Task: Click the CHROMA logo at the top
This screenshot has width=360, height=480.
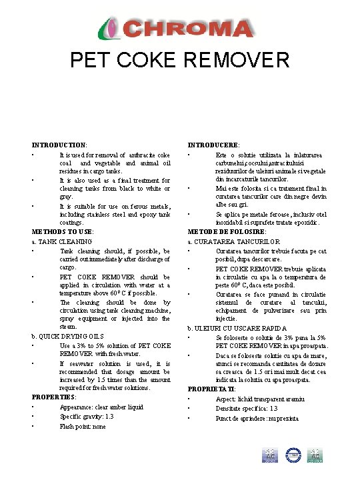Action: [x=179, y=29]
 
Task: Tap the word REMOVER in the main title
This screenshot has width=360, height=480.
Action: [x=237, y=61]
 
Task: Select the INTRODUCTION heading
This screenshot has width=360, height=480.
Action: [x=59, y=145]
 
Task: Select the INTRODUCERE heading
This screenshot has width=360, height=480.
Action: [x=214, y=145]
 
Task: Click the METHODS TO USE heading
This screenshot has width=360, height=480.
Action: [x=63, y=231]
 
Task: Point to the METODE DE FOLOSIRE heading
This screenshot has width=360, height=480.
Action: [x=227, y=231]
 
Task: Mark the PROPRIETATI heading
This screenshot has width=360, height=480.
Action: [x=212, y=389]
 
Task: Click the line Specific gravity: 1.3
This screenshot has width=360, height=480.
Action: [x=87, y=417]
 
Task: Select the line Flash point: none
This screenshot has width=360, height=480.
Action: [x=83, y=426]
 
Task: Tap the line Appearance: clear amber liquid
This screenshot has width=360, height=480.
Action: [x=101, y=407]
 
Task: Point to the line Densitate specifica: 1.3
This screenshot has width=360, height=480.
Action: [x=247, y=409]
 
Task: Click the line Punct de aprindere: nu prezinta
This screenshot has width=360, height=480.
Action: [x=257, y=419]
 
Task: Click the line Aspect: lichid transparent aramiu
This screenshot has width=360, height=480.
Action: [x=261, y=399]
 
